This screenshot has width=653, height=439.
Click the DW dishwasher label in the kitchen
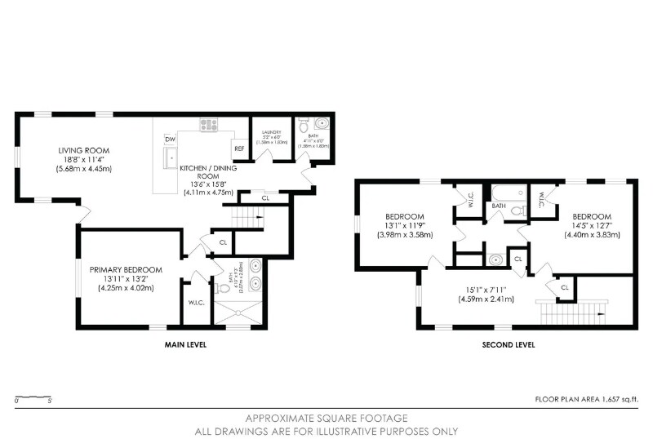171,140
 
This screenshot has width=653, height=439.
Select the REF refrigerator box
239,149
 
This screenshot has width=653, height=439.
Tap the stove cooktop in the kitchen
210,125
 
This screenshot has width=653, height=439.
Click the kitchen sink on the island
171,155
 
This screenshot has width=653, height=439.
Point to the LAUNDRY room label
271,131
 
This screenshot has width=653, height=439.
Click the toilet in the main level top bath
304,126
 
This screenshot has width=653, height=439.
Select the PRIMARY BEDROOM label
126,269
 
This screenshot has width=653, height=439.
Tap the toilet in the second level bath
515,211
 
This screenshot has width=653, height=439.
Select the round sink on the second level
495,259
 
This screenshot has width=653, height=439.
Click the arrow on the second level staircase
601,312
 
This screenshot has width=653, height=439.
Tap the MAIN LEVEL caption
185,345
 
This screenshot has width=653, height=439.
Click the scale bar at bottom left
33,397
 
